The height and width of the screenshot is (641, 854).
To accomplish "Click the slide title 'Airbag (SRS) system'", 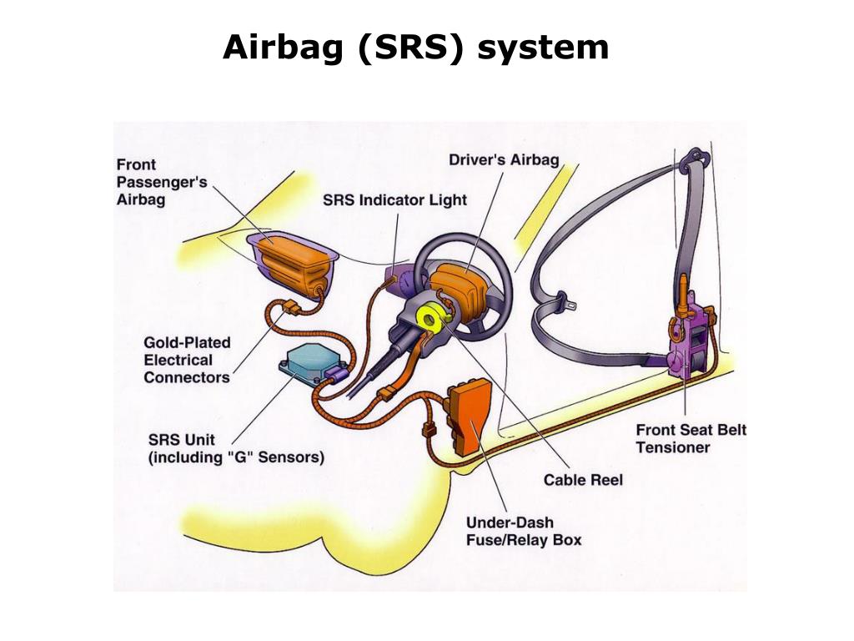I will coord(415,48).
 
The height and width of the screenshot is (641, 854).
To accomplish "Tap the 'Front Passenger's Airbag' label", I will coord(161,183).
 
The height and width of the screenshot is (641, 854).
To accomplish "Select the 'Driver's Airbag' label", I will coord(504,159).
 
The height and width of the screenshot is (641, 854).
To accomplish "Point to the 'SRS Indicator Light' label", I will coord(394,200).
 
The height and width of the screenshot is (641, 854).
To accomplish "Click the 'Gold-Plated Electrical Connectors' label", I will coord(187,360).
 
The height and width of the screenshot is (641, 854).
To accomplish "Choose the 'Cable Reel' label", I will coord(583,480).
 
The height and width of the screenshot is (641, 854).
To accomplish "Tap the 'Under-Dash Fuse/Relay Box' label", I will coord(523,531).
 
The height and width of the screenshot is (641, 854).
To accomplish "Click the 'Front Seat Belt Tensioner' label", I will coord(691,438).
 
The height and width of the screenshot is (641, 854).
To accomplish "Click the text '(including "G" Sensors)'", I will coord(236,457).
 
